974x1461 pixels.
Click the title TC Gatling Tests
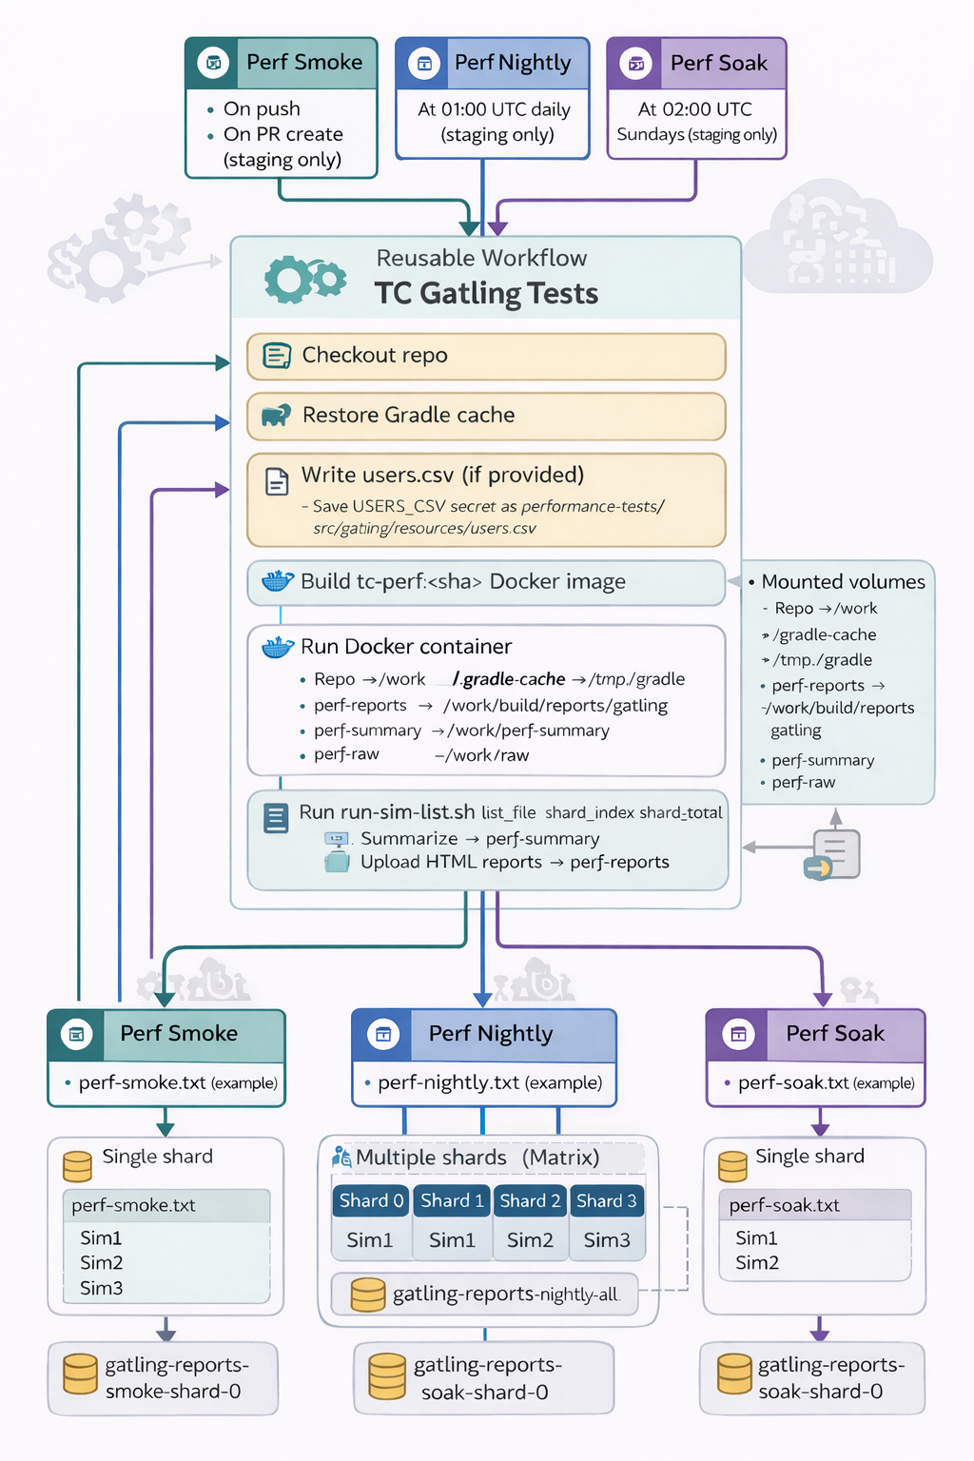[x=486, y=294]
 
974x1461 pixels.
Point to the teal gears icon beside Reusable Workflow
[x=304, y=280]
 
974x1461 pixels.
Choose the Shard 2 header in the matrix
[x=530, y=1201]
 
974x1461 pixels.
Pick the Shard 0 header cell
[x=372, y=1201]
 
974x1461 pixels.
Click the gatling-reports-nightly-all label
[x=505, y=1295]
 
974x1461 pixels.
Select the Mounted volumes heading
[x=843, y=582]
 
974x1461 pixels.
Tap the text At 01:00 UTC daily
[x=494, y=110]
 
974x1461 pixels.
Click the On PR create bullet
[x=282, y=135]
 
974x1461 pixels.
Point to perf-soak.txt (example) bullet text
[x=826, y=1083]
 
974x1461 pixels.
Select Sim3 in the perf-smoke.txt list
[x=102, y=1289]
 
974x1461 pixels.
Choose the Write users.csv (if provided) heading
[x=442, y=476]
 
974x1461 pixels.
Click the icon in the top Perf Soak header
[x=636, y=64]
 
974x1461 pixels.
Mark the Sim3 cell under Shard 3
[x=607, y=1240]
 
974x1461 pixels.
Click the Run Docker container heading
[x=406, y=647]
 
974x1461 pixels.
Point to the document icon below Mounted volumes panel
[x=835, y=853]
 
